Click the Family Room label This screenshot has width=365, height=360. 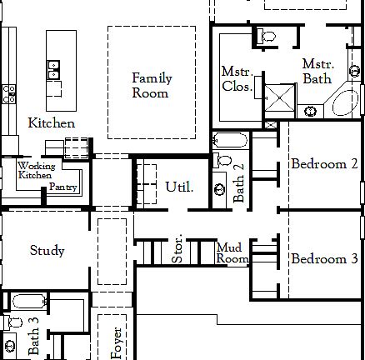pos(151,86)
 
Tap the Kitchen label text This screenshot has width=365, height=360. pos(52,123)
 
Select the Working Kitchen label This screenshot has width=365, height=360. pos(36,171)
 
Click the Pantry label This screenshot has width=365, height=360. pos(63,187)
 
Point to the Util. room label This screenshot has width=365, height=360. pos(179,187)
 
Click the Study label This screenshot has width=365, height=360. pos(47,250)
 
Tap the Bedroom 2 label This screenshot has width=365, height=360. pos(324,164)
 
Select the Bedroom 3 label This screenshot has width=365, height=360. pos(324,259)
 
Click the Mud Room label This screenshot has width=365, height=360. pos(232,253)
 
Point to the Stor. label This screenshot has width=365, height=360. pos(177,252)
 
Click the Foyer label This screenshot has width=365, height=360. pos(117,342)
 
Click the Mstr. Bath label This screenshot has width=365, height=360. pos(317,71)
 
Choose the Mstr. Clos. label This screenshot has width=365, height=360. pos(236,79)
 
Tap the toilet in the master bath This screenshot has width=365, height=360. pos(268,36)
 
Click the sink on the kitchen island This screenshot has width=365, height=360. pos(54,67)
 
